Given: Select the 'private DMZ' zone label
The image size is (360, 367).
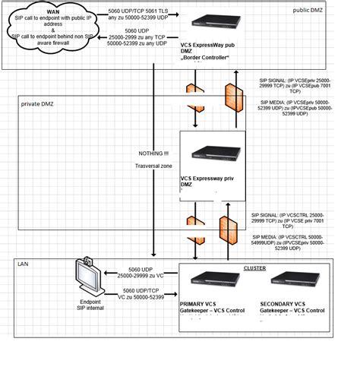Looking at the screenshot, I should (x=38, y=103).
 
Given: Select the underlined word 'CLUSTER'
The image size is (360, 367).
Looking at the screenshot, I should (x=254, y=268).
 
